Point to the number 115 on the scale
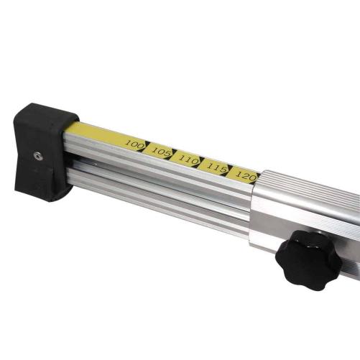point(217,168)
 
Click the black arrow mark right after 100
point(145,147)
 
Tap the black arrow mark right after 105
point(172,154)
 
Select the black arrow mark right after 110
point(200,162)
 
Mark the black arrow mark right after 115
point(228,170)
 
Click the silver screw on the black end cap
point(38,156)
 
